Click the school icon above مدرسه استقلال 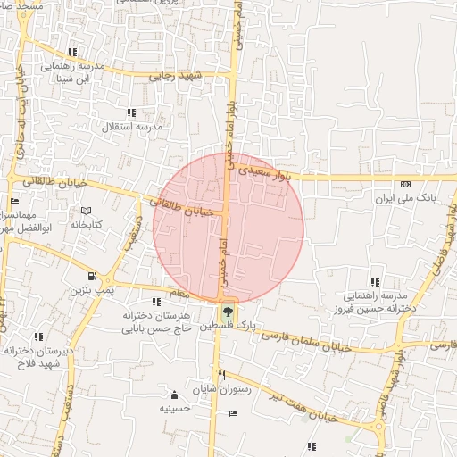131,112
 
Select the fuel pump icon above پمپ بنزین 93,277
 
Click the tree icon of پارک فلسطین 227,312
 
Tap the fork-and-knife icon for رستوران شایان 221,376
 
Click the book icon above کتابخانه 85,211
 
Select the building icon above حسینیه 173,395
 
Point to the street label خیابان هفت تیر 305,405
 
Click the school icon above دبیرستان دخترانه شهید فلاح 38,337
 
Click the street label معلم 178,293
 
